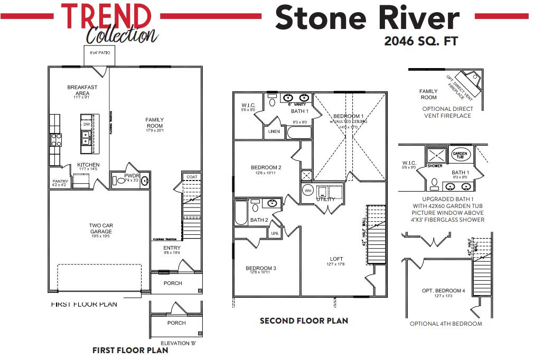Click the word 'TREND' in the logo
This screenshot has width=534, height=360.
point(106,16)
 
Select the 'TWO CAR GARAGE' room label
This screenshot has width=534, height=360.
point(100,229)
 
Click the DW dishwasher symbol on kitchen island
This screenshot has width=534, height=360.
point(86,124)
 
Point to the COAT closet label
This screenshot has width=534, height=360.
point(191,177)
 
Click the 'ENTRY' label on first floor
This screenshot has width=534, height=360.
point(172,248)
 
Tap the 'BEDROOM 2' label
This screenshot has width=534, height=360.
point(266,168)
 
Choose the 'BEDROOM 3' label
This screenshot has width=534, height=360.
point(261,268)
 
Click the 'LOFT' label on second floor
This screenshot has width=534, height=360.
point(336,259)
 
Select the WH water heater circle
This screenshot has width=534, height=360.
point(307,191)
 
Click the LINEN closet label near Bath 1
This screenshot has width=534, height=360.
point(274,131)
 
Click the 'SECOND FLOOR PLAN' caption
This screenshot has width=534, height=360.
point(304,320)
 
